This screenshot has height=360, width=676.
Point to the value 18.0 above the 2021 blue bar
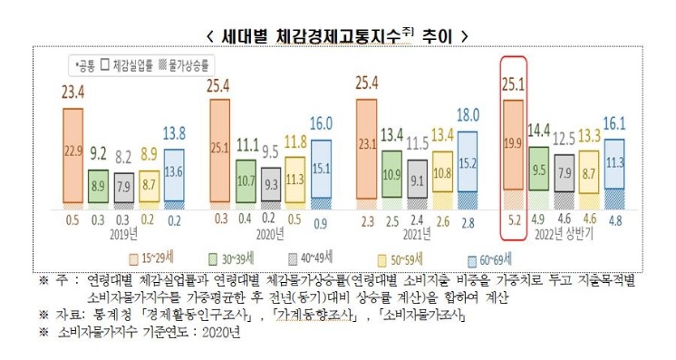(468, 115)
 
